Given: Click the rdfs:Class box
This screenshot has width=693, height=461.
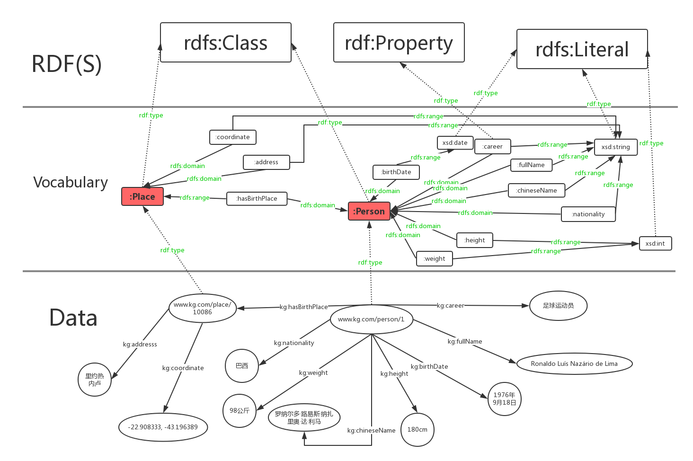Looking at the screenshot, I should tap(226, 43).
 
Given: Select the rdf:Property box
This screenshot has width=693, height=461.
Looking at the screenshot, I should tap(399, 43).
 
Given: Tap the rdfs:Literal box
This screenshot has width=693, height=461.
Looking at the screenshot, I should tap(582, 49).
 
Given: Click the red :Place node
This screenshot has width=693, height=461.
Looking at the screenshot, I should tap(142, 196).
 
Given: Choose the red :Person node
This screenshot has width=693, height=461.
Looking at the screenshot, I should tap(369, 211).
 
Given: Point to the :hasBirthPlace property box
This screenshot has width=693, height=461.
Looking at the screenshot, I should tap(257, 199).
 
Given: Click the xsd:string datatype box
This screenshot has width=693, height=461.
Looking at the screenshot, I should tap(615, 147).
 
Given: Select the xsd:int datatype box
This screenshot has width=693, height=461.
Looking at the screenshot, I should tap(655, 243).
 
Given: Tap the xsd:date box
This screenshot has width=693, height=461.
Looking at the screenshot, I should tap(455, 142).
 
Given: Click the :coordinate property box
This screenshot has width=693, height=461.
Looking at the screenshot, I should tap(232, 137).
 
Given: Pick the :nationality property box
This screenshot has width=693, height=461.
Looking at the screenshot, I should tap(588, 214).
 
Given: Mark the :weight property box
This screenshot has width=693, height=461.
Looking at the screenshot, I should tap(435, 259).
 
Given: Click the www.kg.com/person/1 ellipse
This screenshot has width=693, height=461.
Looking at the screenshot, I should tap(371, 319).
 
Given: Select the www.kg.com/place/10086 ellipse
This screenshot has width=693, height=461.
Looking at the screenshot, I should tap(202, 308).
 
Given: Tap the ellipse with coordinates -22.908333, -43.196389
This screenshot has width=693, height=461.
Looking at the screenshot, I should tap(163, 427).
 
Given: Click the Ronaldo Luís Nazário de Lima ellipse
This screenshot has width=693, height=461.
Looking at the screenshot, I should tap(574, 364).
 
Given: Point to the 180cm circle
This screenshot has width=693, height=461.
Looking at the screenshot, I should tap(417, 430).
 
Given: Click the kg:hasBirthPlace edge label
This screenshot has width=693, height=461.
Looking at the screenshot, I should tap(303, 307).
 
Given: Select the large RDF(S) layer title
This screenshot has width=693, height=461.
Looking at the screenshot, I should tap(67, 64).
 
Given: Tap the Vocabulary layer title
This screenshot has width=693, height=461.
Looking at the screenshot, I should tap(71, 182).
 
